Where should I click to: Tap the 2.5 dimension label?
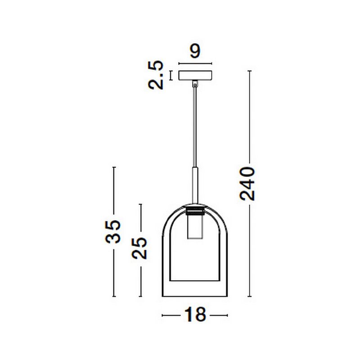point(156,75)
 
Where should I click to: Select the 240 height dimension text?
point(247,184)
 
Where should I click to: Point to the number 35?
point(113,232)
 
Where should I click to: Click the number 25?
point(139,248)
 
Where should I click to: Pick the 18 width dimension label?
point(195,315)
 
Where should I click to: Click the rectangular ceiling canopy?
point(195,76)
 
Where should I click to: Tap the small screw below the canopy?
point(195,85)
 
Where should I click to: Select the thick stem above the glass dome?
point(195,185)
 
